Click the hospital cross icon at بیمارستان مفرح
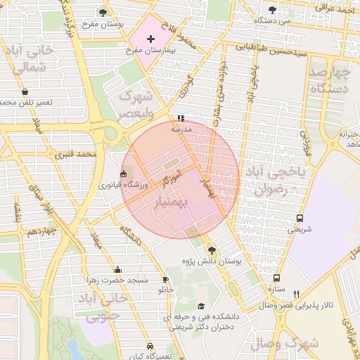150,39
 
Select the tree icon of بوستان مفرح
103,12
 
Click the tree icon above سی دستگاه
272,11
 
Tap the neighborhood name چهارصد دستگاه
330,81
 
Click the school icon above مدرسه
181,118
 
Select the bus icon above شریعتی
300,218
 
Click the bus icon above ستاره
276,278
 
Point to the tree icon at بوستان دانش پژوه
212,250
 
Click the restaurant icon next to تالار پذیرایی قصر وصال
296,294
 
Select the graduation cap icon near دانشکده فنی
202,306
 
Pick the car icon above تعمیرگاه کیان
150,346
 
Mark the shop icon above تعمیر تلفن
25,92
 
